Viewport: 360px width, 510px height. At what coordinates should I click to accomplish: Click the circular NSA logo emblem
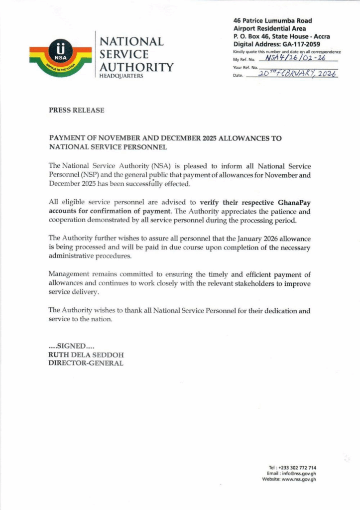click(x=60, y=55)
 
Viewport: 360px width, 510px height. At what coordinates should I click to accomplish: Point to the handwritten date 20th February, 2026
click(x=298, y=74)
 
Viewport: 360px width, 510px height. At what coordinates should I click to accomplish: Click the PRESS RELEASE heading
click(x=77, y=111)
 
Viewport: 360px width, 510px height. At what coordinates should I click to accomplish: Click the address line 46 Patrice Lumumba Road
click(x=273, y=21)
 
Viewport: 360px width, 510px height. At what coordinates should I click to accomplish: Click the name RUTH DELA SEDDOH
click(x=86, y=355)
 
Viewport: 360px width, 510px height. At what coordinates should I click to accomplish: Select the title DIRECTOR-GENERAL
click(x=86, y=363)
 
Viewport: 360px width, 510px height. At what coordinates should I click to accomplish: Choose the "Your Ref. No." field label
click(x=245, y=67)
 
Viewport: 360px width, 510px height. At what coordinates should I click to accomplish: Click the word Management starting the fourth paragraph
click(x=69, y=274)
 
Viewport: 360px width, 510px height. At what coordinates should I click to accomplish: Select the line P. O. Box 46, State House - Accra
click(x=281, y=36)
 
